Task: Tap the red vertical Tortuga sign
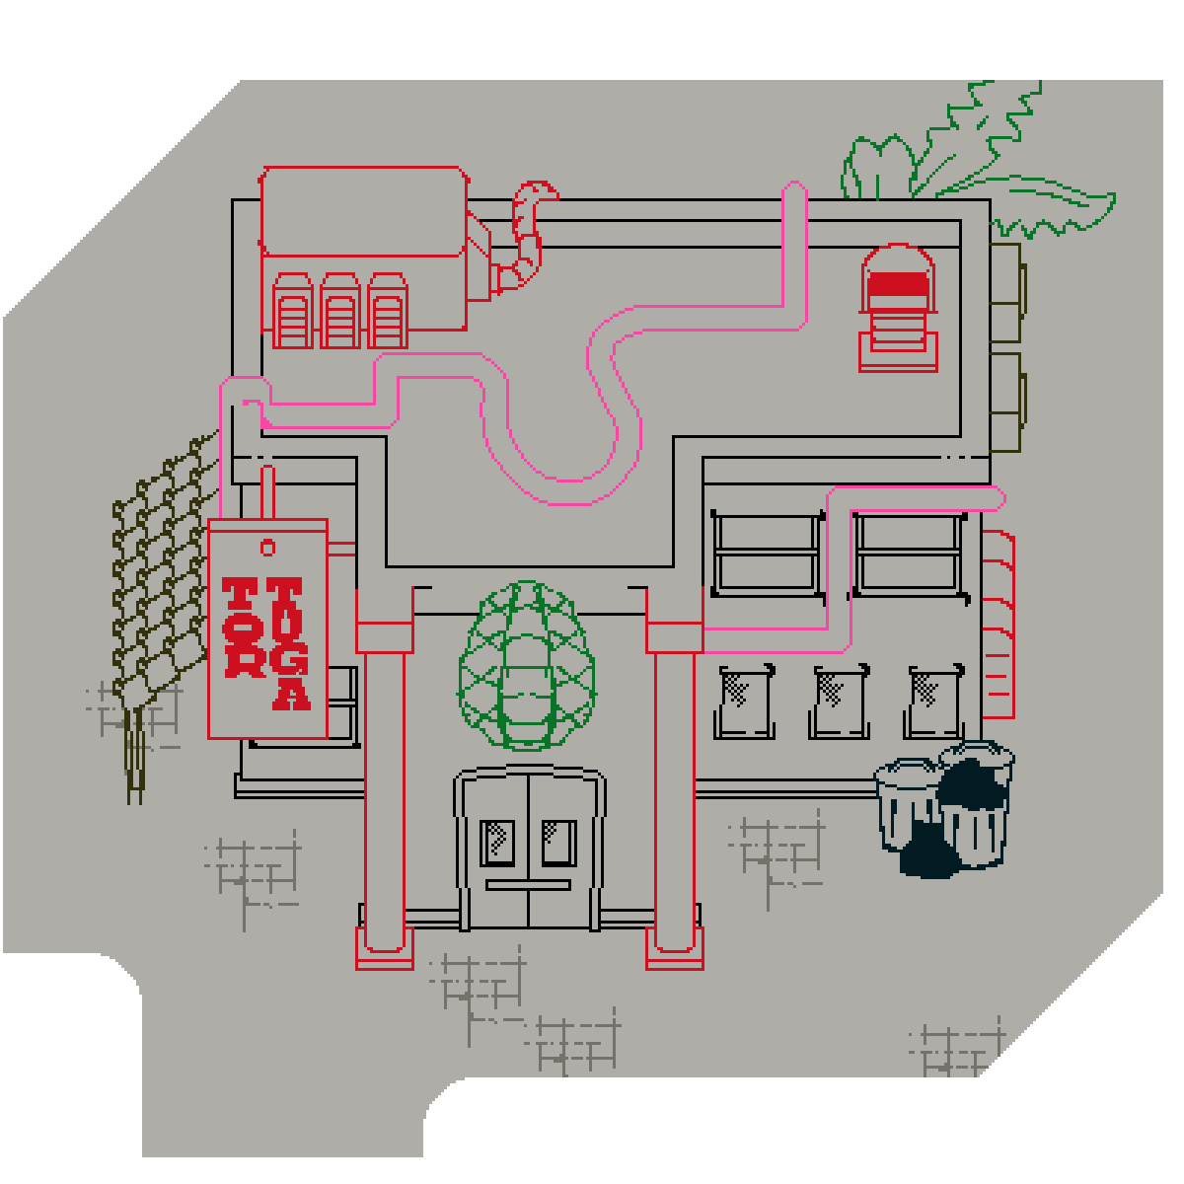[267, 629]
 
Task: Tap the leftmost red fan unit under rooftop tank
[292, 311]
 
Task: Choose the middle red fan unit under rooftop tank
[339, 311]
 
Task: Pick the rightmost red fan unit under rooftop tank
[387, 311]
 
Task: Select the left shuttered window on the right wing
[767, 554]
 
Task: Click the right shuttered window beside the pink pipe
[909, 554]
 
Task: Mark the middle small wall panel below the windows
[839, 702]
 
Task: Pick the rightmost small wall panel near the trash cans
[933, 702]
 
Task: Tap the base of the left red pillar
[384, 948]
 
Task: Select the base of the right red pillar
[675, 948]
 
